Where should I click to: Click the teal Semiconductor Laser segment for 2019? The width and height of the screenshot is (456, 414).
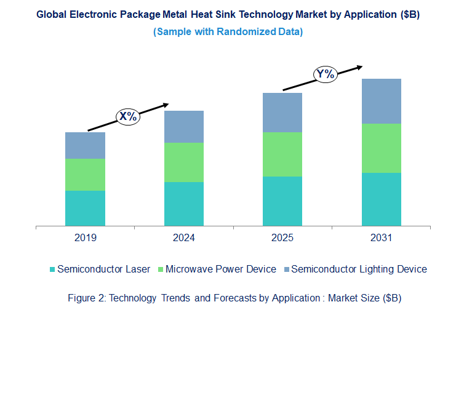[x=85, y=208]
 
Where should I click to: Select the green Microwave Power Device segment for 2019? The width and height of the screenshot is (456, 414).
[x=85, y=174]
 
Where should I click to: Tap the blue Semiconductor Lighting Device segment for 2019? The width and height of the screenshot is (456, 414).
[x=85, y=145]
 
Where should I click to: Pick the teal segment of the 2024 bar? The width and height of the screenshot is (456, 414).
[x=183, y=204]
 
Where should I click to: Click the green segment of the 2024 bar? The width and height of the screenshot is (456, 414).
[x=183, y=162]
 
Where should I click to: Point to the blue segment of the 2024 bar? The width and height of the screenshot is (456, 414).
[x=183, y=127]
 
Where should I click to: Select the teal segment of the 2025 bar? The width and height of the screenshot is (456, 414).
[x=282, y=201]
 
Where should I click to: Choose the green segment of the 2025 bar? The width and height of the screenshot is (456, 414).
[x=282, y=154]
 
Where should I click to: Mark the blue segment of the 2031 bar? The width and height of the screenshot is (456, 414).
[x=381, y=101]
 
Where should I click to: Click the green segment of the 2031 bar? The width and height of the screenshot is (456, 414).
[x=381, y=148]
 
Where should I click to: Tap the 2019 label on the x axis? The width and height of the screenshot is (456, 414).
[x=85, y=237]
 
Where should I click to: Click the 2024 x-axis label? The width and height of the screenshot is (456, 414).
[x=183, y=237]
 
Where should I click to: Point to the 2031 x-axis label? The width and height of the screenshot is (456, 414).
[x=381, y=237]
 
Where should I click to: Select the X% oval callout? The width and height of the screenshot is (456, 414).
[x=129, y=116]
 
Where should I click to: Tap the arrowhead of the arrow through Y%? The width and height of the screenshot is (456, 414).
[x=359, y=66]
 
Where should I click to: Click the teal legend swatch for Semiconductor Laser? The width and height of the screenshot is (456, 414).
[x=52, y=269]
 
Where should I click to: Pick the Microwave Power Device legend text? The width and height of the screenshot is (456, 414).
[x=221, y=269]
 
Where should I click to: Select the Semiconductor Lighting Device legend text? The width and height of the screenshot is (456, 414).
[x=359, y=269]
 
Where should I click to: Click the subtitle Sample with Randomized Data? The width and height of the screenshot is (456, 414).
[x=228, y=31]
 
